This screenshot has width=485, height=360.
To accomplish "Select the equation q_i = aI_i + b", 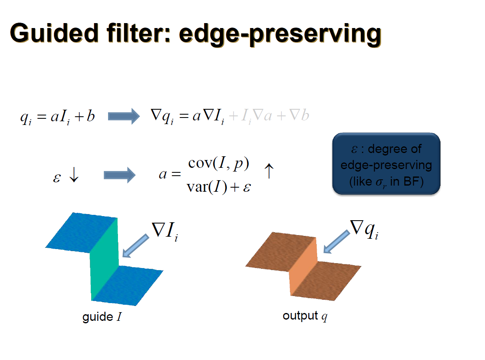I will coord(58,116).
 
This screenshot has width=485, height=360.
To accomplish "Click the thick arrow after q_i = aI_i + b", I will coord(124,116).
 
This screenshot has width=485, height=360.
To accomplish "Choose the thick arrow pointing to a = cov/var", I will coord(120,175).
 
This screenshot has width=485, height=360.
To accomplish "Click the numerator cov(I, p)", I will coord(219,164).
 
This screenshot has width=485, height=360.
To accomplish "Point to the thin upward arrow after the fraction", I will coord(268,171).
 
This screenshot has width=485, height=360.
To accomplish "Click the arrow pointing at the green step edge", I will coord(136,246).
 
